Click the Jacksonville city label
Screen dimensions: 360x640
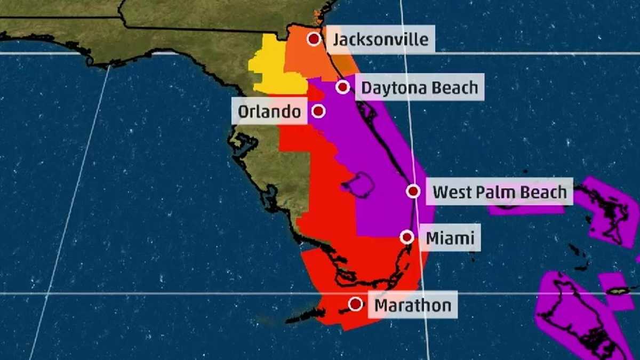coord(380,39)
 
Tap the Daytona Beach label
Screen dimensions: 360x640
coord(420,87)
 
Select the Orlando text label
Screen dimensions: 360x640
coord(269,111)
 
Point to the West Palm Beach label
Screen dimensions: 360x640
coord(499,191)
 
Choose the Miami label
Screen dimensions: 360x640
coord(450,237)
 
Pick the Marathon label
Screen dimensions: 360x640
coord(412,305)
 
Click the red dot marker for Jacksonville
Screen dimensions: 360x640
coord(314,39)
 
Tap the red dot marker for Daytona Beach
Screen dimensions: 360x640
coord(343,87)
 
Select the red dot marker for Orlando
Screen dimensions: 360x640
coord(318,111)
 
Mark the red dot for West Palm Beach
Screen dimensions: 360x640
coord(413,191)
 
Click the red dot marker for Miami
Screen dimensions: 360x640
coord(407,237)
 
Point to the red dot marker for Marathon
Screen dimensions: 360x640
coord(356,304)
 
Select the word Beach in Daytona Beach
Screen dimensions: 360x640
coord(455,87)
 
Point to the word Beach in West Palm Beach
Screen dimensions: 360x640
coord(544,191)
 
